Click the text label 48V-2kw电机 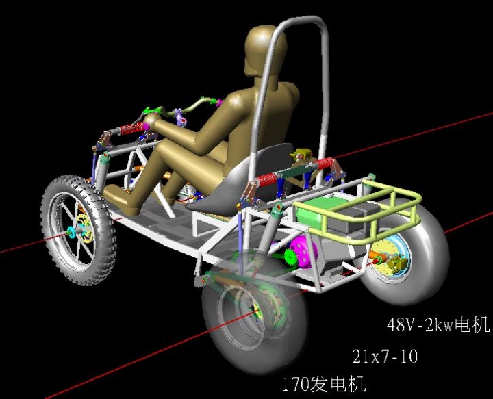438,324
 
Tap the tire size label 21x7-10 385,357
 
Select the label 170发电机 325,384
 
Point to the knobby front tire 79,230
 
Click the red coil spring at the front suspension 133,128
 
